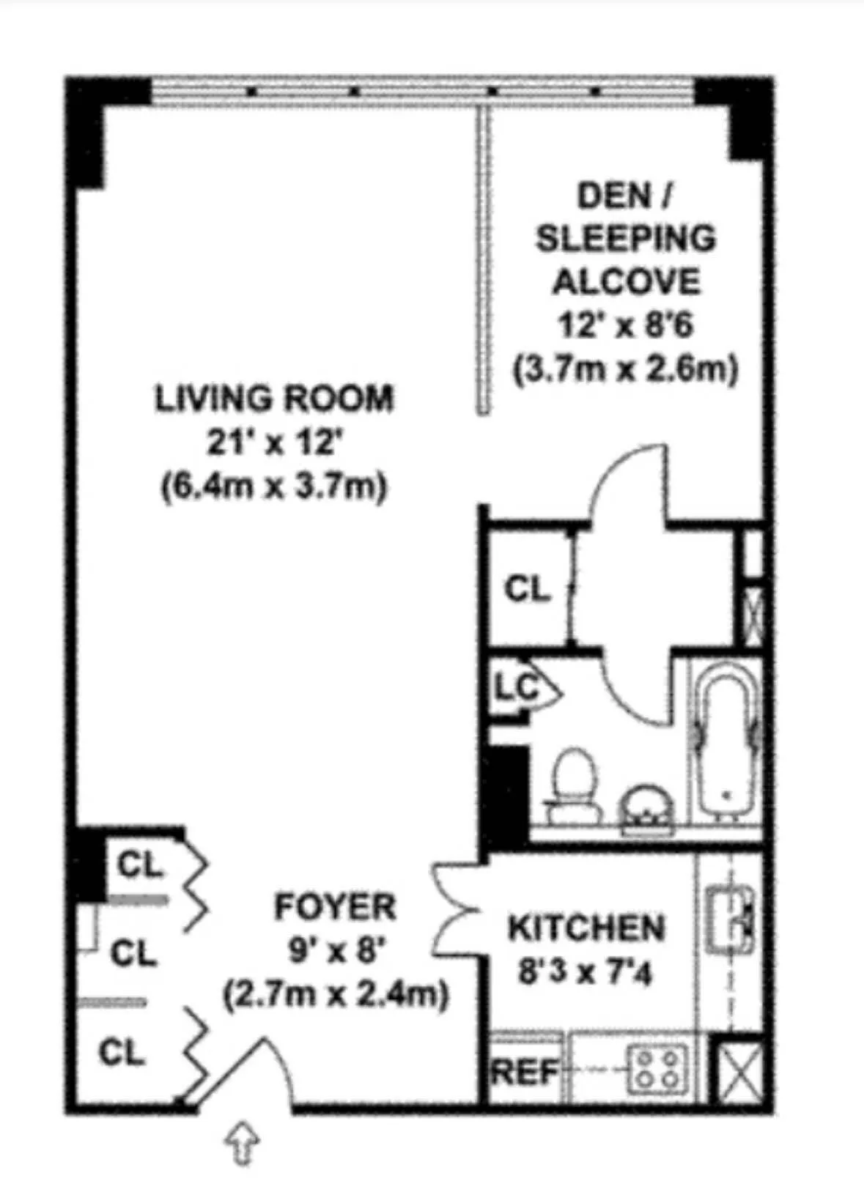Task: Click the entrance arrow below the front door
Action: (x=241, y=1144)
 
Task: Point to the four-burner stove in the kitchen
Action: (x=657, y=1069)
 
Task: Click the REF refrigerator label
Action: (x=523, y=1073)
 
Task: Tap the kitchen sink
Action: (x=729, y=919)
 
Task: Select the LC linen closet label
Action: (x=516, y=687)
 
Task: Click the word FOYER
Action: (x=335, y=907)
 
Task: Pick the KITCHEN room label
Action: (x=586, y=928)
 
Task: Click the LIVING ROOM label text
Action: (x=274, y=398)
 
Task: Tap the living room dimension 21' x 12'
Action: (x=274, y=442)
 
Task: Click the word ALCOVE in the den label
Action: (x=625, y=281)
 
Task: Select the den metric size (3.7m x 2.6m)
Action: (x=625, y=369)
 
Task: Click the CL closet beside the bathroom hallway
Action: (x=526, y=588)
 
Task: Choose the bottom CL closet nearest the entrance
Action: (x=121, y=1052)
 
